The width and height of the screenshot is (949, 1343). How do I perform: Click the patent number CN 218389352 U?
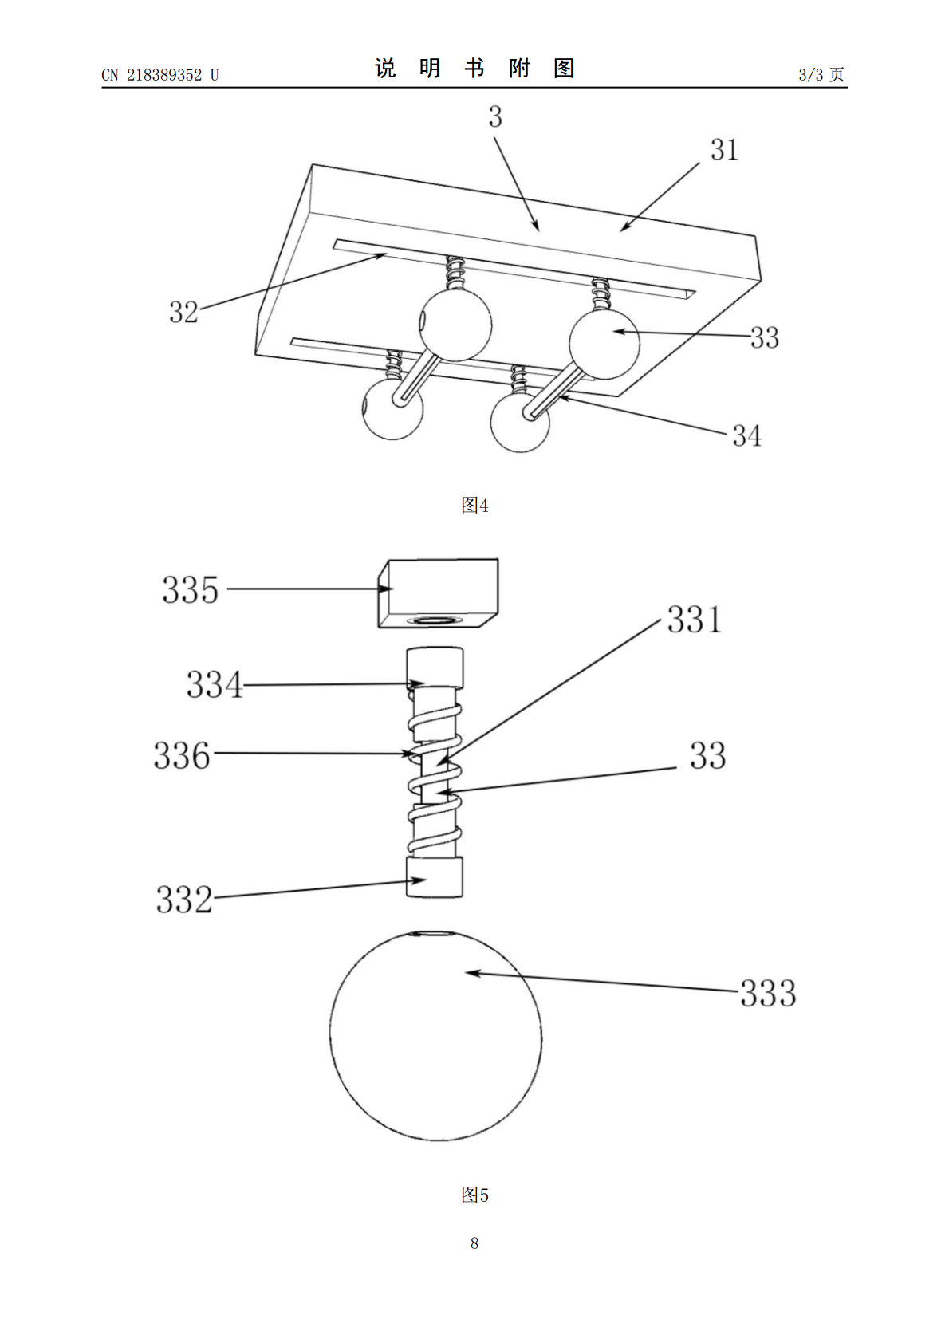pyautogui.click(x=160, y=75)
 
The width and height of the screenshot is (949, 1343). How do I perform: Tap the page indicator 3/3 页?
pyautogui.click(x=821, y=74)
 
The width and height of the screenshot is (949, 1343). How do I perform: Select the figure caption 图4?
pyautogui.click(x=475, y=506)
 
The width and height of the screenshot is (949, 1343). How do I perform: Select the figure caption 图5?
pyautogui.click(x=475, y=1195)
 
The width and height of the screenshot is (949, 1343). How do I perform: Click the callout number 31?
pyautogui.click(x=724, y=149)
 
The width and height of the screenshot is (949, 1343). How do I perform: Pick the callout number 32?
pyautogui.click(x=183, y=313)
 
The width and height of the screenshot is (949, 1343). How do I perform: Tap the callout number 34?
pyautogui.click(x=747, y=436)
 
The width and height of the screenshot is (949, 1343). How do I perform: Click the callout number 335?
pyautogui.click(x=190, y=589)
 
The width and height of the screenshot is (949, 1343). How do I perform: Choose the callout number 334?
pyautogui.click(x=215, y=684)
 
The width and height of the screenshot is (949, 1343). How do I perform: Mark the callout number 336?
pyautogui.click(x=183, y=754)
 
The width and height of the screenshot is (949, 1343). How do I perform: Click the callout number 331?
pyautogui.click(x=695, y=619)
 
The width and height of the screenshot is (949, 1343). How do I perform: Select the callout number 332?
pyautogui.click(x=184, y=900)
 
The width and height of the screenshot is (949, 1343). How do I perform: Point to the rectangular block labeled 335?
pyautogui.click(x=439, y=593)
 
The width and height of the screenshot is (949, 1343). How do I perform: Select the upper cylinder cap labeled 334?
pyautogui.click(x=435, y=668)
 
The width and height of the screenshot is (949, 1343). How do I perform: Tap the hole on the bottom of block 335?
pyautogui.click(x=436, y=620)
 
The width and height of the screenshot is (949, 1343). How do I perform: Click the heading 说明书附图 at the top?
pyautogui.click(x=475, y=69)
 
